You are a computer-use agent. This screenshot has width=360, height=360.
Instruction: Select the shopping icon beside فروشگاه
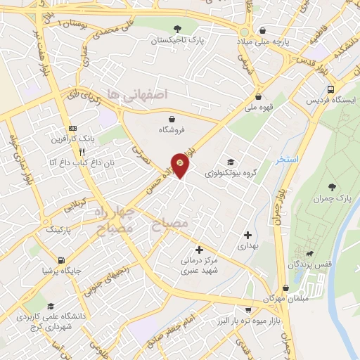coord(173,117)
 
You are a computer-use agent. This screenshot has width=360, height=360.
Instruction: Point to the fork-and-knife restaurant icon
coord(82,152)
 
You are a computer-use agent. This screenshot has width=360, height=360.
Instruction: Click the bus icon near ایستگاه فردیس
coord(331,89)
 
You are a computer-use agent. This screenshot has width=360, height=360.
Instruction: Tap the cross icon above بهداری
coord(247,235)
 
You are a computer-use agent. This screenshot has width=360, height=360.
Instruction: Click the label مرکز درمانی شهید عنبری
coord(200,264)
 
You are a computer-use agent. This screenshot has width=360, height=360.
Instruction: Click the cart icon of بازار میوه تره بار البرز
coord(247,309)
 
